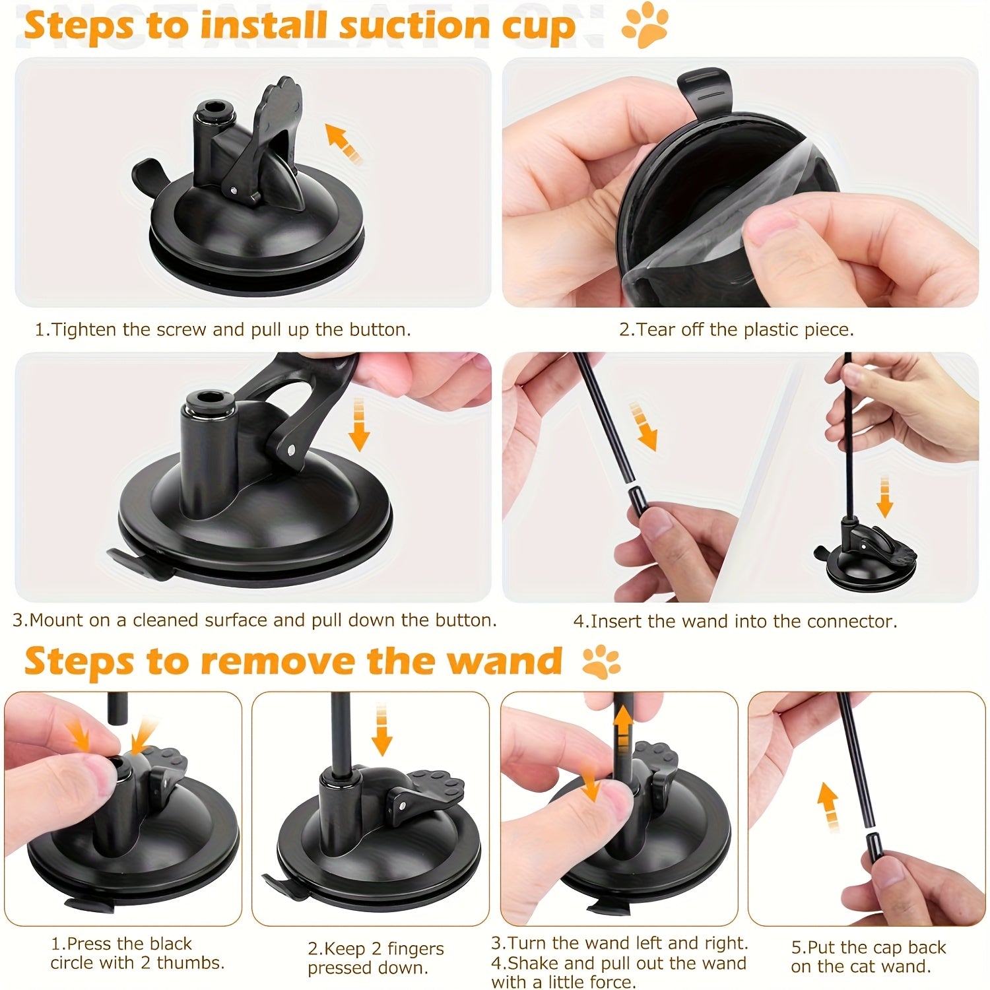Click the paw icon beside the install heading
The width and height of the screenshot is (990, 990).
645,26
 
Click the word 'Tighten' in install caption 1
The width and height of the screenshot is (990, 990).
84,329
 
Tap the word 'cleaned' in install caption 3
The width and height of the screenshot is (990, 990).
168,620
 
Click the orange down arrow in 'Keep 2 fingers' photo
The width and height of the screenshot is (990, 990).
381,730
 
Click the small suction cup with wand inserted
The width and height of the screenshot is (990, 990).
865,548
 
